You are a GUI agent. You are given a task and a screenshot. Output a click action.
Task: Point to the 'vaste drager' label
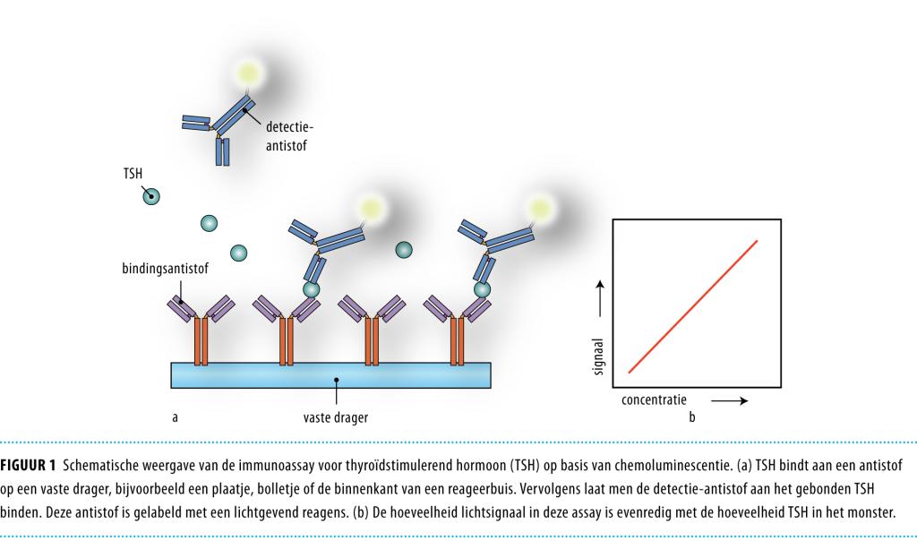(336, 416)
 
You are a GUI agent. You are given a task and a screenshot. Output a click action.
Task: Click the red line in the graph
(693, 305)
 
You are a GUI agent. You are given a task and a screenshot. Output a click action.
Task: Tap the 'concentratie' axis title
(654, 399)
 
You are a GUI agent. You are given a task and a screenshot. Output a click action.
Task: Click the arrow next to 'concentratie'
(729, 400)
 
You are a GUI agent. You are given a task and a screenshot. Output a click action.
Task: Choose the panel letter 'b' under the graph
(690, 416)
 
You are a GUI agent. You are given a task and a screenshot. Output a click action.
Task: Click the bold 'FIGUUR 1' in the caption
(28, 465)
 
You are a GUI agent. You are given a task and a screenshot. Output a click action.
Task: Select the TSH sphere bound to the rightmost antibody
(482, 289)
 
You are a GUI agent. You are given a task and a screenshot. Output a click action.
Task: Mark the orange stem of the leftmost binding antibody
(201, 340)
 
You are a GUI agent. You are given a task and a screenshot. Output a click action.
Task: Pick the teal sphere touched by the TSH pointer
(154, 196)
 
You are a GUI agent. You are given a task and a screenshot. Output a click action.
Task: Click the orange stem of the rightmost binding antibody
(458, 340)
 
